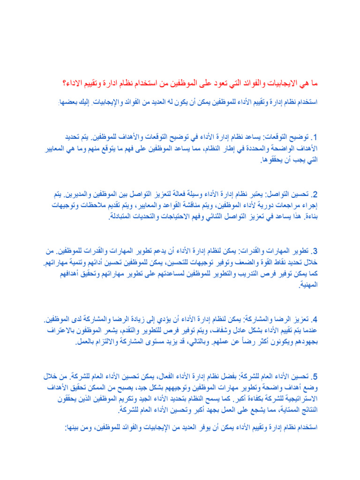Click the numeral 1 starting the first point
click(x=315, y=138)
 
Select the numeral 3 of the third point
click(x=315, y=251)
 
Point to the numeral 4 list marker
click(x=315, y=321)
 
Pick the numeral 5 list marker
click(x=315, y=377)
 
